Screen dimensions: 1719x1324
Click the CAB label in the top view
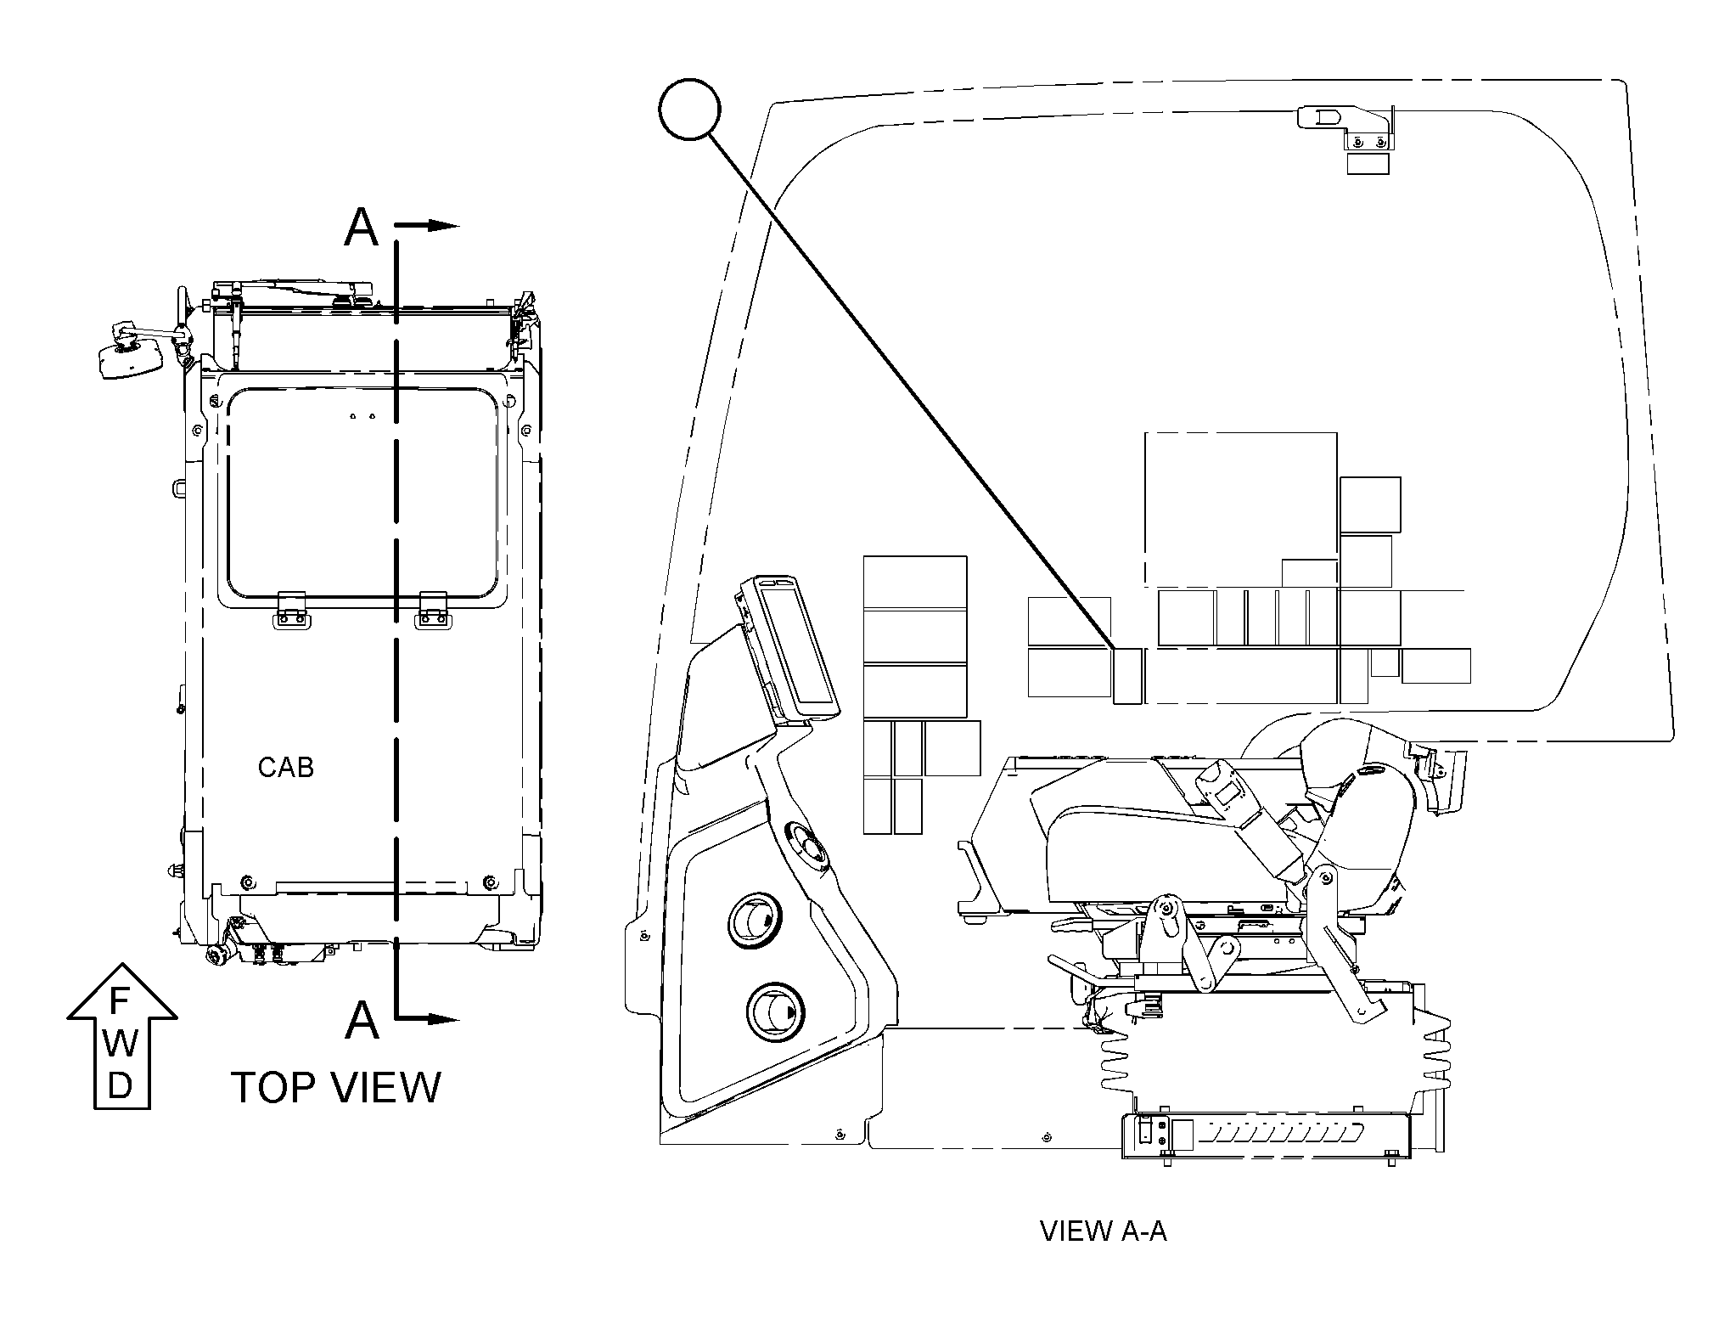[x=286, y=768]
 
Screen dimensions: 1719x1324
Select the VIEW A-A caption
[x=1104, y=1231]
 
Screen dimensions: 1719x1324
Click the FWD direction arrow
[x=121, y=1036]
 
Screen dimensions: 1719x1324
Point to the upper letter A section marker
[x=362, y=227]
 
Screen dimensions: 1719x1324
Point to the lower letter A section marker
[x=362, y=1019]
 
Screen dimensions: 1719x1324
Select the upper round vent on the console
[x=754, y=918]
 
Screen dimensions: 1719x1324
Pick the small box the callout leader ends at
[x=1127, y=676]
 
